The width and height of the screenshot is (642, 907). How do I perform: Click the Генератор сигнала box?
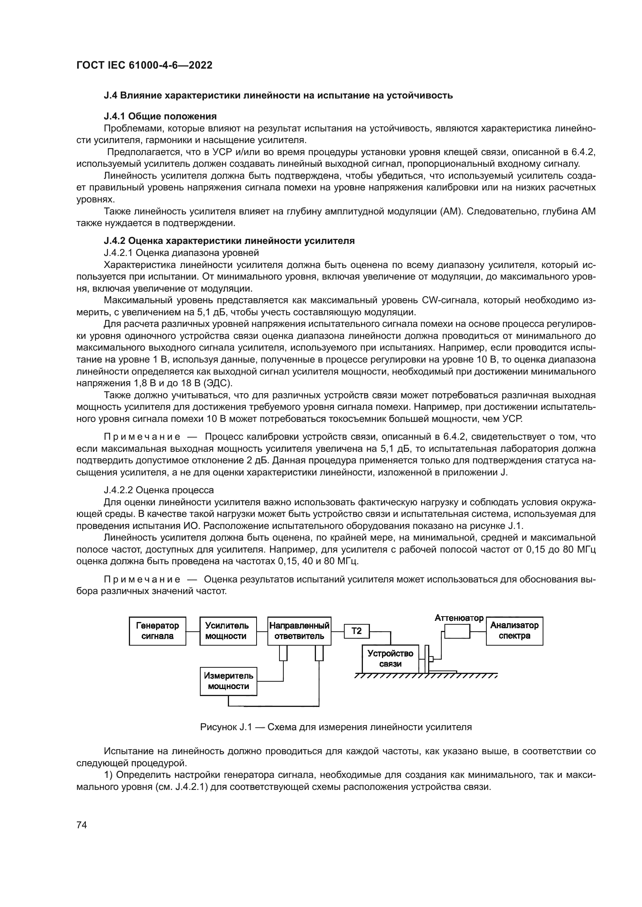coord(157,631)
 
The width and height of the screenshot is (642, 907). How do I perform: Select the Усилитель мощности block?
coord(228,631)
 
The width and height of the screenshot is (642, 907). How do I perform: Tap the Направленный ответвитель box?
coord(299,631)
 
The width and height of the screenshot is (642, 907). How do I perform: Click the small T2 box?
coord(357,631)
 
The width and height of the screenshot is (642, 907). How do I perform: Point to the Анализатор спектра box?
coord(514,631)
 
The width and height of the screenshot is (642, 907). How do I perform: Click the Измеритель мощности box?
coord(229,681)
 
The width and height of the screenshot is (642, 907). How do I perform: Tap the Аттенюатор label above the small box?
coord(459,618)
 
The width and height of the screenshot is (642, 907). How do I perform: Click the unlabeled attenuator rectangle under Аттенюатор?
coord(457,633)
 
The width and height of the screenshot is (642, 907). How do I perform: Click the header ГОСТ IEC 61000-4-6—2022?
coord(144,65)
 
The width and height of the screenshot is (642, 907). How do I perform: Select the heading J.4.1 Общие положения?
coord(160,116)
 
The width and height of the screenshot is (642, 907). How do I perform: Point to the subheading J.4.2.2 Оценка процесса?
coord(158,490)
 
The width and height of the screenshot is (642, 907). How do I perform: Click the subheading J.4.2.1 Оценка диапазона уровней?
coord(181,252)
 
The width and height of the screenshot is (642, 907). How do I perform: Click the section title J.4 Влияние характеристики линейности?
coord(278,95)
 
